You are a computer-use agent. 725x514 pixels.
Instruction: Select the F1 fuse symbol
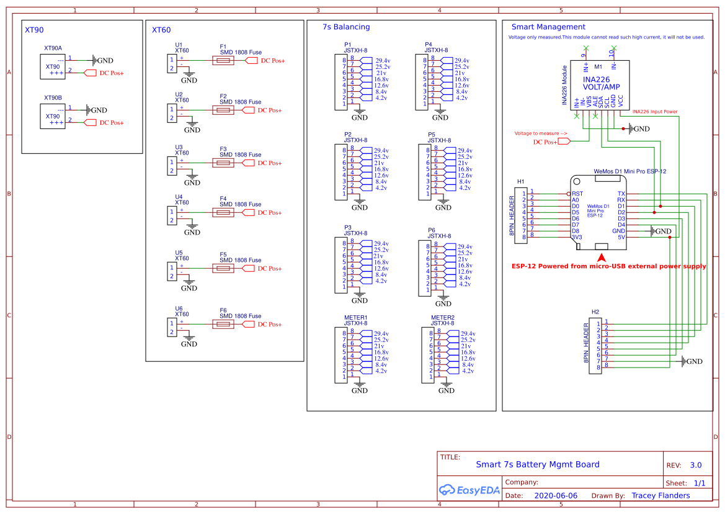223,60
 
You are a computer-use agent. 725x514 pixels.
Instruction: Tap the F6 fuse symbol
223,324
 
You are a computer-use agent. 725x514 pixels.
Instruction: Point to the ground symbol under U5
189,286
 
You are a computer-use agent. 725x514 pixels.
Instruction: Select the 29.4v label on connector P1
383,60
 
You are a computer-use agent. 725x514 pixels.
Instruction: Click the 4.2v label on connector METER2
467,371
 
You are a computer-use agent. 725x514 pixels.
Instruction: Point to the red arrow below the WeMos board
601,257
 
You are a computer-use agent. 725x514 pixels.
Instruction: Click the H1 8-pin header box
519,215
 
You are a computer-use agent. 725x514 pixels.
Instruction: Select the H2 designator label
595,312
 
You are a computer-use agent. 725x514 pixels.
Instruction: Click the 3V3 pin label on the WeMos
577,237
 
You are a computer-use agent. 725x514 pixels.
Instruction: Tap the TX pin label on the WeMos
621,194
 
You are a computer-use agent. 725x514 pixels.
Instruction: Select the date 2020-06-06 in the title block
555,495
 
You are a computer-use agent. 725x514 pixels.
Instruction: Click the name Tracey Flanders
661,495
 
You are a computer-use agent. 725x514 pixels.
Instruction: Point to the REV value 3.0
696,465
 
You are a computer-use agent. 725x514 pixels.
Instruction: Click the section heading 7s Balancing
346,27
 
